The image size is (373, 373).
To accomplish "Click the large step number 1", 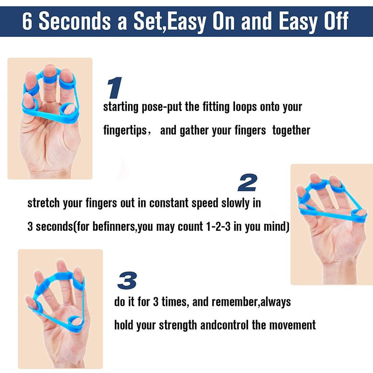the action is point(115,88).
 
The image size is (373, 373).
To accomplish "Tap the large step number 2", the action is point(248,182).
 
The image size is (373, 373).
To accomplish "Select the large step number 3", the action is point(127,281).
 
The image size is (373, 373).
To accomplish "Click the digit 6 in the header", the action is point(27,21).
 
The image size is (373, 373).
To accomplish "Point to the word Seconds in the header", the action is point(75,21).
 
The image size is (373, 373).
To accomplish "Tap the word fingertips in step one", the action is point(125,131).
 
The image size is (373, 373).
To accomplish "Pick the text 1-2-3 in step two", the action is point(218,226).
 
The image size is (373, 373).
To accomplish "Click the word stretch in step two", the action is point(43,203).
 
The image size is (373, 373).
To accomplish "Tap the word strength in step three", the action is point(178,325).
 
